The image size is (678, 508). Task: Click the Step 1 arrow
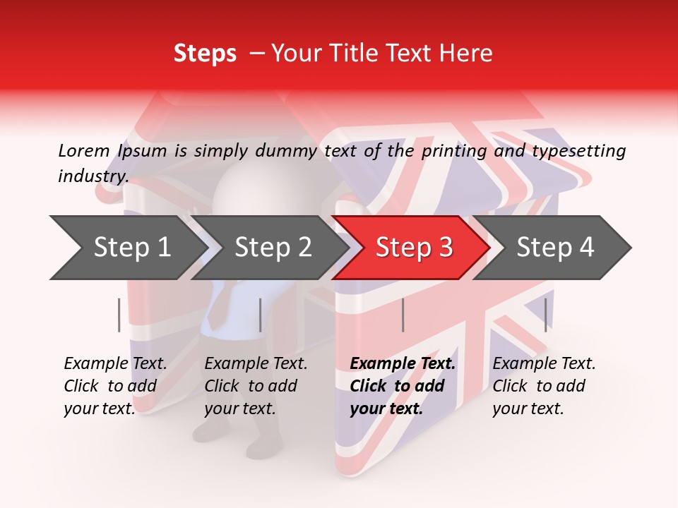[127, 248]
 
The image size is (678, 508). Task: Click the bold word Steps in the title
[205, 54]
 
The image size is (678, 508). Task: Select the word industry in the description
[93, 176]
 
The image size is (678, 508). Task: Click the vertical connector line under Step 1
[119, 315]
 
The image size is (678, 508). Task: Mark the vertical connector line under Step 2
[261, 315]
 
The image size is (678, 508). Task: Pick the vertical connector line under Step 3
[403, 315]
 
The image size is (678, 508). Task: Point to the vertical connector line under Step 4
[545, 315]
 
